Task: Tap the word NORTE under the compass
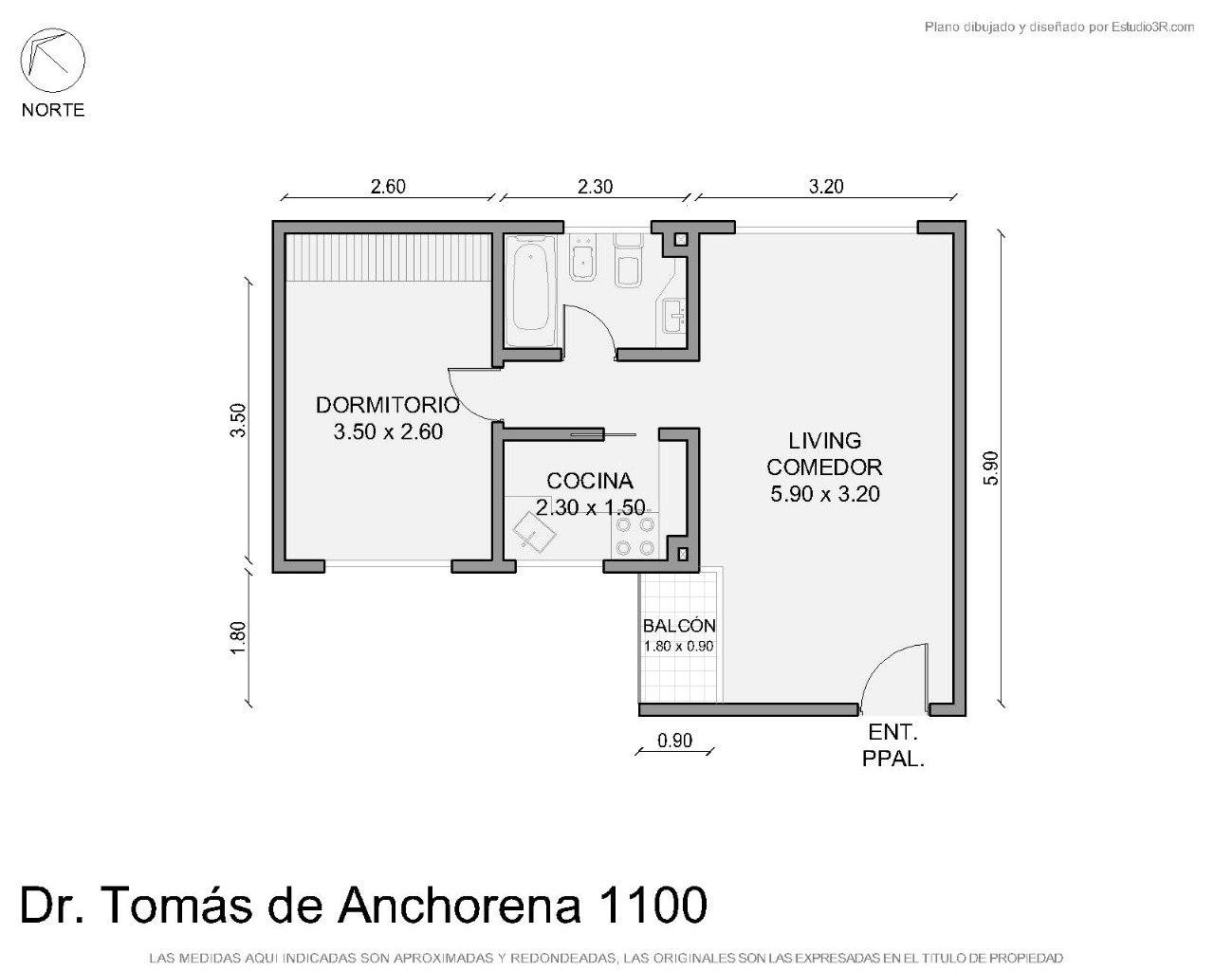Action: [53, 110]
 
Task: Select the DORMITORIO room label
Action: [388, 405]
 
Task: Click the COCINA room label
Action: [590, 481]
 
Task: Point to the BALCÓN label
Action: [679, 626]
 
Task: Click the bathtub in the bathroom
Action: [531, 291]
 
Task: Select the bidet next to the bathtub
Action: [582, 258]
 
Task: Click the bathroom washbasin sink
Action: [674, 316]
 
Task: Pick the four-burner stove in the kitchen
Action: [635, 536]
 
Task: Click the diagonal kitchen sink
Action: [534, 531]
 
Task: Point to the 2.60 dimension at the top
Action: [388, 187]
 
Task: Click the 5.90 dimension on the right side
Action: [990, 467]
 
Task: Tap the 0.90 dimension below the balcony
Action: [674, 741]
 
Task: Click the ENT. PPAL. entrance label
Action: [893, 745]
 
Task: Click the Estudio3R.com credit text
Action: [1152, 27]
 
